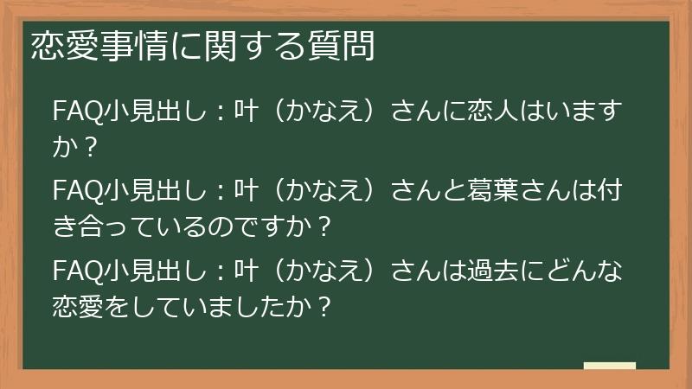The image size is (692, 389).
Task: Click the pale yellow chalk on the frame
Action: (x=609, y=367)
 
